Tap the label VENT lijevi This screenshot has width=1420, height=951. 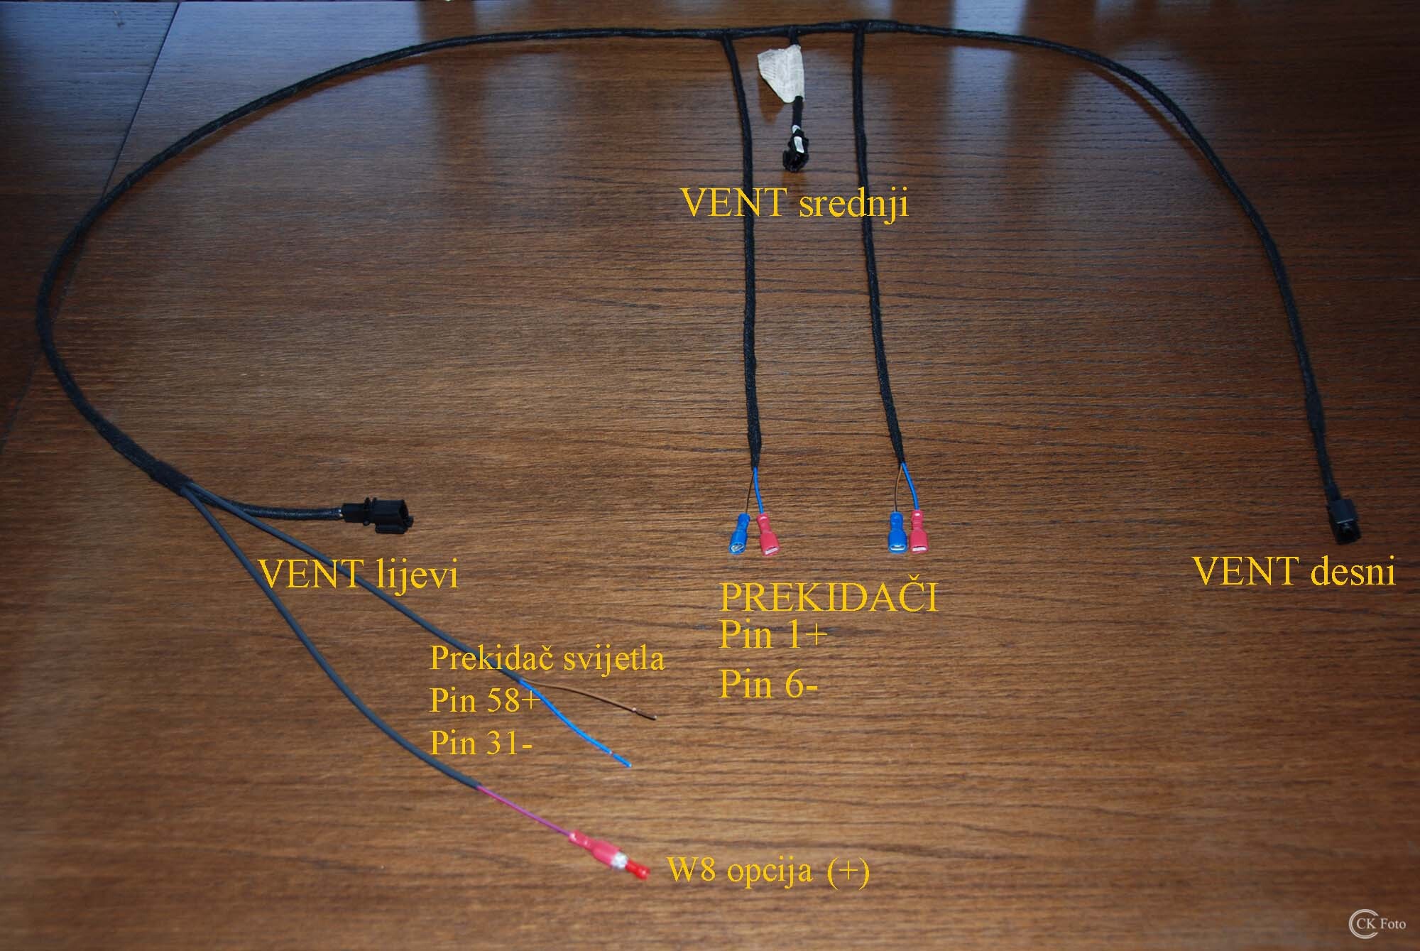359,574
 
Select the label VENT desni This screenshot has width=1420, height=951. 1294,571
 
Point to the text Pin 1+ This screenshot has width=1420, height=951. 773,634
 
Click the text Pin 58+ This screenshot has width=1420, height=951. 485,700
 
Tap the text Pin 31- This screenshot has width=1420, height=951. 481,743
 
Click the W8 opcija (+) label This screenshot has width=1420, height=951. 769,870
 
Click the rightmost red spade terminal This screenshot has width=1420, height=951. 919,533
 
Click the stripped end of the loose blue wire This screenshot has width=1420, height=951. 623,761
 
